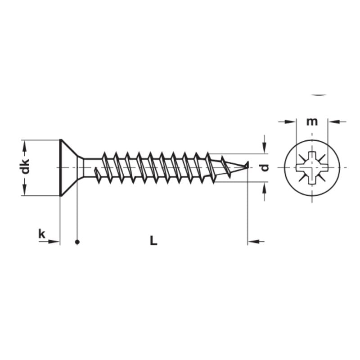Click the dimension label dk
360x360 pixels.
26,166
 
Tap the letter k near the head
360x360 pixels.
42,234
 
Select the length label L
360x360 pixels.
153,241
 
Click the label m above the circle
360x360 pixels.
312,121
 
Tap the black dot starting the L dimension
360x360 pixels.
77,242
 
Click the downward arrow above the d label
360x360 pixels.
264,148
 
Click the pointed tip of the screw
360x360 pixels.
247,166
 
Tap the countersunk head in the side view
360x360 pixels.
67,167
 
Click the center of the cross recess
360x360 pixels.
312,168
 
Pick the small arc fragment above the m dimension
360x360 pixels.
319,95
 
